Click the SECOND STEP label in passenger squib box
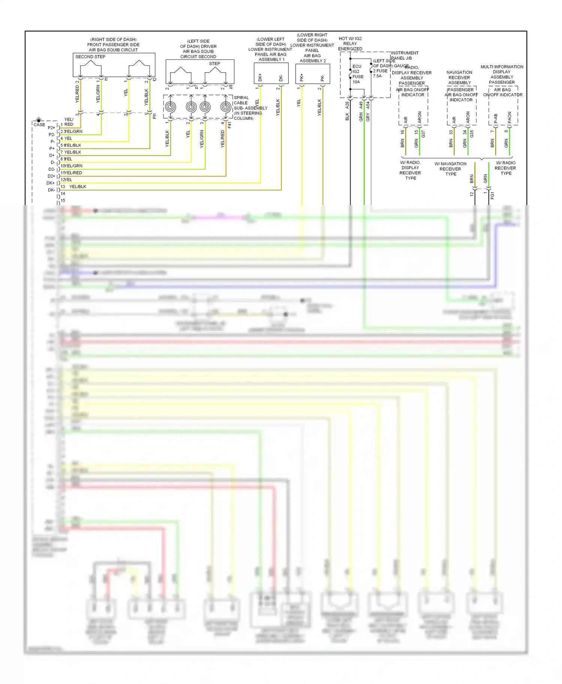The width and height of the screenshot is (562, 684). click(x=90, y=57)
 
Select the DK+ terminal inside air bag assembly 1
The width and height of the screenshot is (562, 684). click(x=260, y=77)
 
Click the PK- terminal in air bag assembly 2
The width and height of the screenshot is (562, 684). click(x=323, y=78)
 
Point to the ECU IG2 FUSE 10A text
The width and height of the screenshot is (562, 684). click(x=357, y=74)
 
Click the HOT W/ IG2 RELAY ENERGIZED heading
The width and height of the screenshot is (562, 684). click(x=350, y=43)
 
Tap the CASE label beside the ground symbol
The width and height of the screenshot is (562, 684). click(x=39, y=125)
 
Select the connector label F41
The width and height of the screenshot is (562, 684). click(x=230, y=125)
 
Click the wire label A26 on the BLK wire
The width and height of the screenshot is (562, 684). click(x=347, y=105)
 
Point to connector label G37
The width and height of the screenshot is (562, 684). click(x=423, y=134)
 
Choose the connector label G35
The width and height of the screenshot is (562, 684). click(x=472, y=134)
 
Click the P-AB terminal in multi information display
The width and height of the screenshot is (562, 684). click(x=496, y=118)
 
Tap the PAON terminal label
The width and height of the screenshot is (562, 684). click(x=510, y=117)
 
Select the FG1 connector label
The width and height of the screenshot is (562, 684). click(x=492, y=195)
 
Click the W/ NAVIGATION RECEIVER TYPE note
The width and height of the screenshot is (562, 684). click(x=450, y=169)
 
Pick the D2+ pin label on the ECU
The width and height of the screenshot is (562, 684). click(x=51, y=176)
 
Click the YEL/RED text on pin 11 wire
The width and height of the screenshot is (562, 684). click(x=73, y=173)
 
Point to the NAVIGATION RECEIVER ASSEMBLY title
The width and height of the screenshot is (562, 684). click(x=459, y=77)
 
